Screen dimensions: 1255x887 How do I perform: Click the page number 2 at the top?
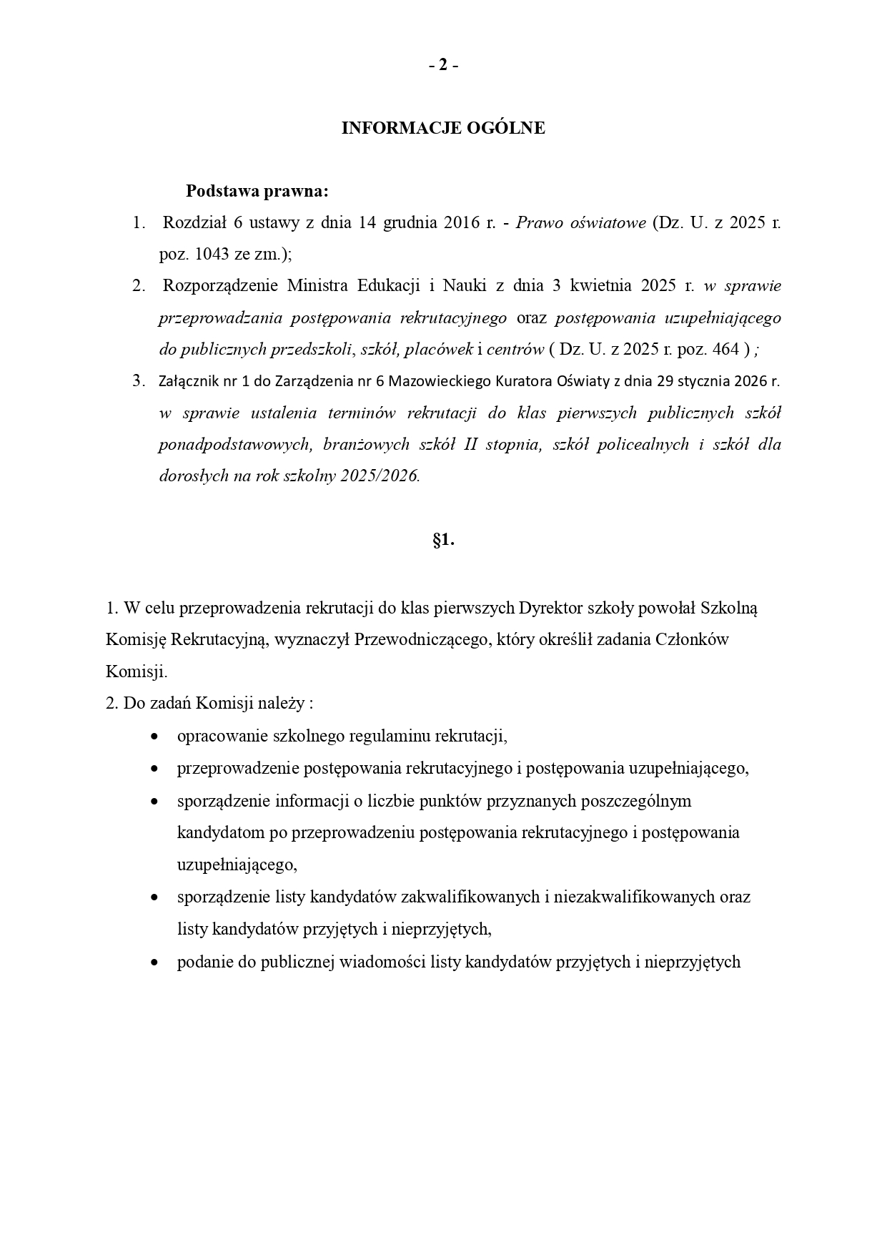click(443, 65)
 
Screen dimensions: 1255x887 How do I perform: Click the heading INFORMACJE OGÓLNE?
click(443, 128)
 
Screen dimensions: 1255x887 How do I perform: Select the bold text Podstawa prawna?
click(257, 192)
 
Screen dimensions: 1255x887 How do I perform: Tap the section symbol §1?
click(443, 541)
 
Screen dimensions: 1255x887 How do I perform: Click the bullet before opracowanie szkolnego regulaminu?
click(154, 737)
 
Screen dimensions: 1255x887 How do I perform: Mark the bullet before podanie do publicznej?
click(154, 963)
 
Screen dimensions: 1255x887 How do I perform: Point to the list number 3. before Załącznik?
click(139, 381)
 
